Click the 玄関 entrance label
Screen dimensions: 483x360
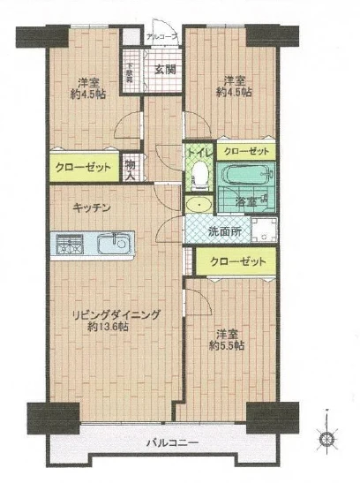pos(165,69)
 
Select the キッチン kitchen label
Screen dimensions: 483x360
pos(91,207)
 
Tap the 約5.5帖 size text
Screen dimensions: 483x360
pos(229,345)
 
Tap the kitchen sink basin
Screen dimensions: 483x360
pos(112,243)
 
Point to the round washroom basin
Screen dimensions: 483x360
pos(200,205)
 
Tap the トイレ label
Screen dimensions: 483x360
pos(199,152)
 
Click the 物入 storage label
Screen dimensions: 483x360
pos(131,167)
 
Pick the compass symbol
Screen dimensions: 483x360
pos(326,437)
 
